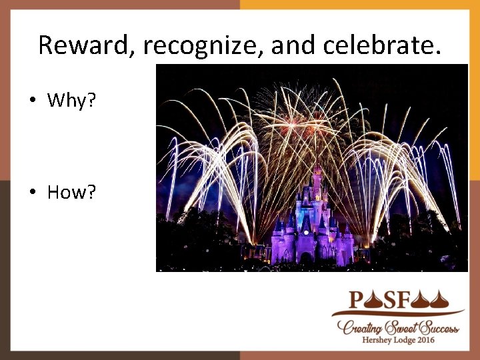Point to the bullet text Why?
[71, 101]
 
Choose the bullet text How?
[71, 193]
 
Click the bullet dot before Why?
[32, 101]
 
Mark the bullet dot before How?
[32, 193]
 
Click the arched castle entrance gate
[306, 257]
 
